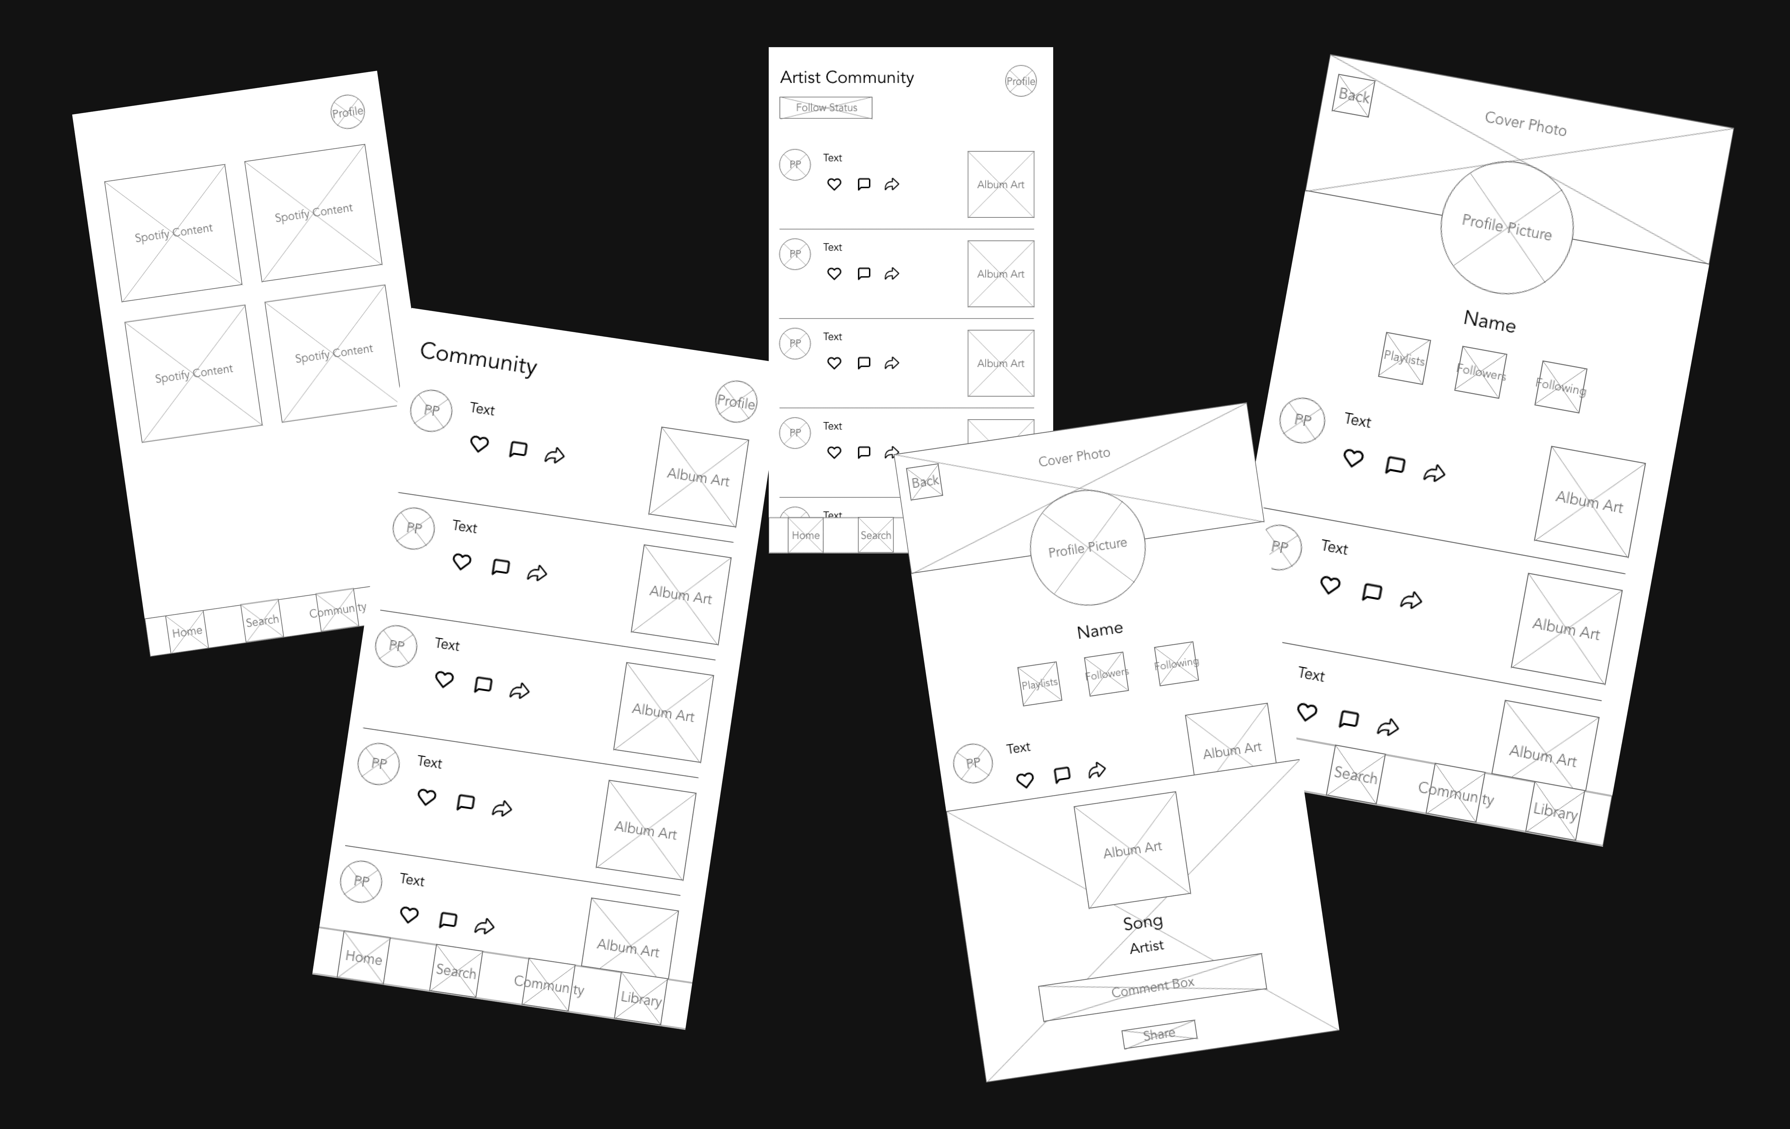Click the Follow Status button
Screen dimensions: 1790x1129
click(826, 108)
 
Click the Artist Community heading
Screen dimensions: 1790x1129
click(847, 77)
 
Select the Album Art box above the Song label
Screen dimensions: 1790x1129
click(1132, 850)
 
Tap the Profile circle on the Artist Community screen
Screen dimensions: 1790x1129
click(1021, 81)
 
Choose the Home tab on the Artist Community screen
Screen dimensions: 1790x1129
click(806, 535)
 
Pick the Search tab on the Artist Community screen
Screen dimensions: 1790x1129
click(876, 535)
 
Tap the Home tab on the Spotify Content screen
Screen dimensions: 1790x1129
click(187, 632)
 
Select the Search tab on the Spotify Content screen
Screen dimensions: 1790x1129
click(262, 621)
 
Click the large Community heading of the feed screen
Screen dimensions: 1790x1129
click(478, 359)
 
